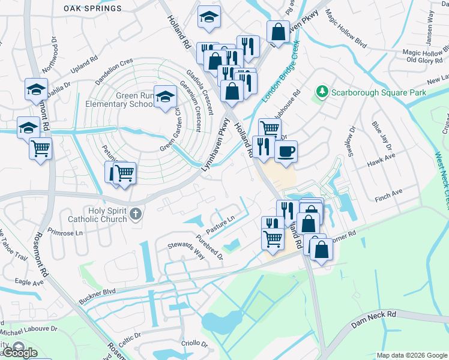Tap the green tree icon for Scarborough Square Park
point(322,92)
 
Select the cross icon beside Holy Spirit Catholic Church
point(136,213)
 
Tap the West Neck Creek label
point(442,180)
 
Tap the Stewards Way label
point(186,250)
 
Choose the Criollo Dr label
point(194,344)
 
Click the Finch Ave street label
point(388,195)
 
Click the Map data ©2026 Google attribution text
point(411,355)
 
